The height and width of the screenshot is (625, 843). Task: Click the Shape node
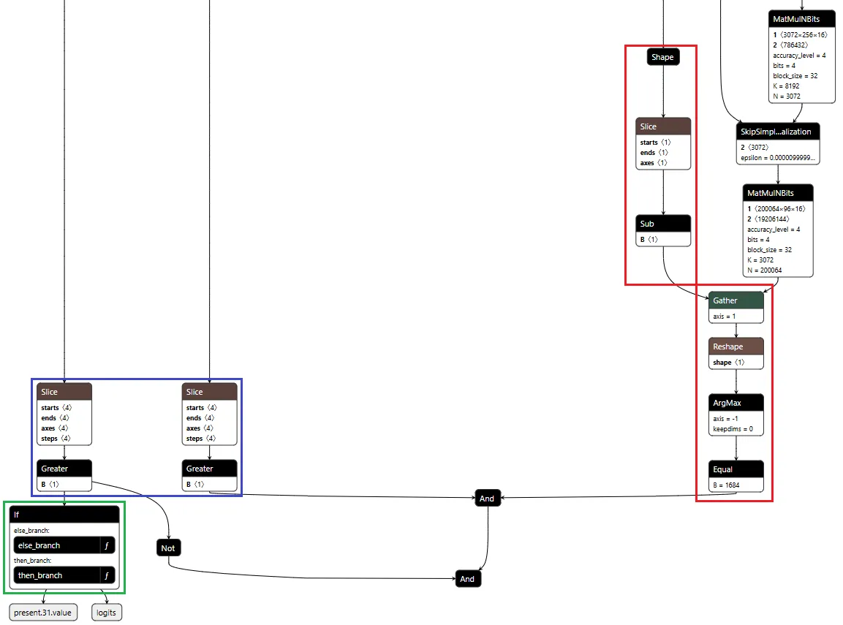coord(662,57)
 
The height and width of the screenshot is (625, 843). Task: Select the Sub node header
coord(662,224)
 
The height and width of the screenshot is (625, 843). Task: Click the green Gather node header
coord(736,300)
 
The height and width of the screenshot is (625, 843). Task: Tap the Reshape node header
coord(736,346)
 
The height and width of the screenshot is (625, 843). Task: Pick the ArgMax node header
coord(736,403)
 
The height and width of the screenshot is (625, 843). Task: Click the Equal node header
coord(736,469)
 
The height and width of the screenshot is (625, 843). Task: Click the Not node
coord(168,548)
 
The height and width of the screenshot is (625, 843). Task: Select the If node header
coord(64,515)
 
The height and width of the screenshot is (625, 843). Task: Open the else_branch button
coord(56,545)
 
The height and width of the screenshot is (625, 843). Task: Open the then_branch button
coord(56,575)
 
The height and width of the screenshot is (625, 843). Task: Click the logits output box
coord(107,613)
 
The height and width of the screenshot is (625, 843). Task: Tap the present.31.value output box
coord(43,613)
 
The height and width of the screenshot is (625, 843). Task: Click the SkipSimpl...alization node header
coord(777,132)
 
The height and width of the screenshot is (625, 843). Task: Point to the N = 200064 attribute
coord(764,270)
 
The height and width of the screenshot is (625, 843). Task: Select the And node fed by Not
coord(467,579)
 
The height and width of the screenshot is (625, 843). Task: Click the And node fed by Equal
coord(487,499)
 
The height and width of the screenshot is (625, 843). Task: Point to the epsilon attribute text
coord(777,158)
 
